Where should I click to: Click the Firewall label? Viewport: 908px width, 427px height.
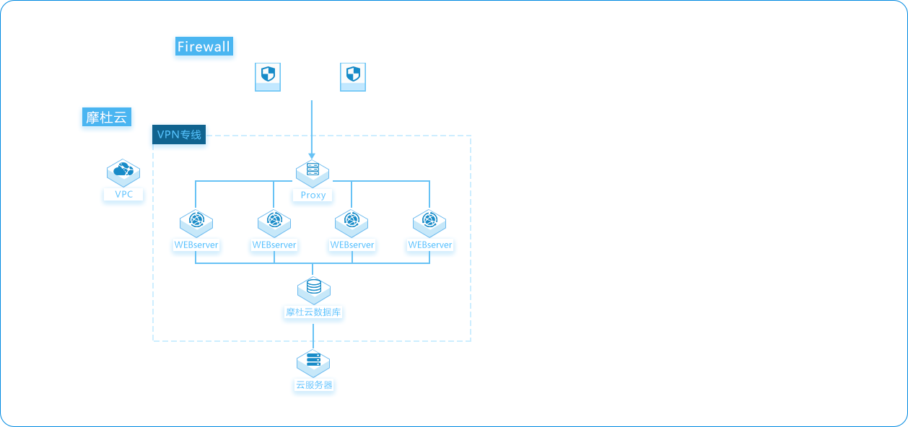(204, 46)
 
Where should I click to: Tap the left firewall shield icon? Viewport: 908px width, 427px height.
(268, 77)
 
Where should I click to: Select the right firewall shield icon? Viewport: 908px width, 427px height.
(353, 77)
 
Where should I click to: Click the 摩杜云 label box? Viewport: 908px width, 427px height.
(107, 117)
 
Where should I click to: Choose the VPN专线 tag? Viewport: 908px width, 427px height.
(179, 134)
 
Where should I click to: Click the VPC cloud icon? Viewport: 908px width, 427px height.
(123, 172)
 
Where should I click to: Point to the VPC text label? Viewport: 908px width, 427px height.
(123, 195)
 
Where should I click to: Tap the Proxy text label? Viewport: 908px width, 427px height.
(313, 195)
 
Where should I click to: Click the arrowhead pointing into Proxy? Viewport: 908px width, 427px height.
(312, 156)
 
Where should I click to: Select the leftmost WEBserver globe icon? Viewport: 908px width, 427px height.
(196, 223)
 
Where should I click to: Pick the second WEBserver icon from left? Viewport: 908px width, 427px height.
(274, 223)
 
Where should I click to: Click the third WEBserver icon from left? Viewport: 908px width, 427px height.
(352, 223)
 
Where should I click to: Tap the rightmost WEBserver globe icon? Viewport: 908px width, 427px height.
(429, 223)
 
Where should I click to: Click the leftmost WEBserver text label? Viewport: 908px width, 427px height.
(196, 245)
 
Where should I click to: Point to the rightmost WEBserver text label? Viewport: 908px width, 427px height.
(430, 245)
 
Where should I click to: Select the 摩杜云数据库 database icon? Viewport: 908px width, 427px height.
(314, 291)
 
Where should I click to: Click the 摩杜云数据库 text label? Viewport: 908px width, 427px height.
(313, 312)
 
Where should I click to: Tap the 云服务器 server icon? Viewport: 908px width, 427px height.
(313, 364)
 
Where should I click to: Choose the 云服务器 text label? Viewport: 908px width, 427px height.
(314, 385)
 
